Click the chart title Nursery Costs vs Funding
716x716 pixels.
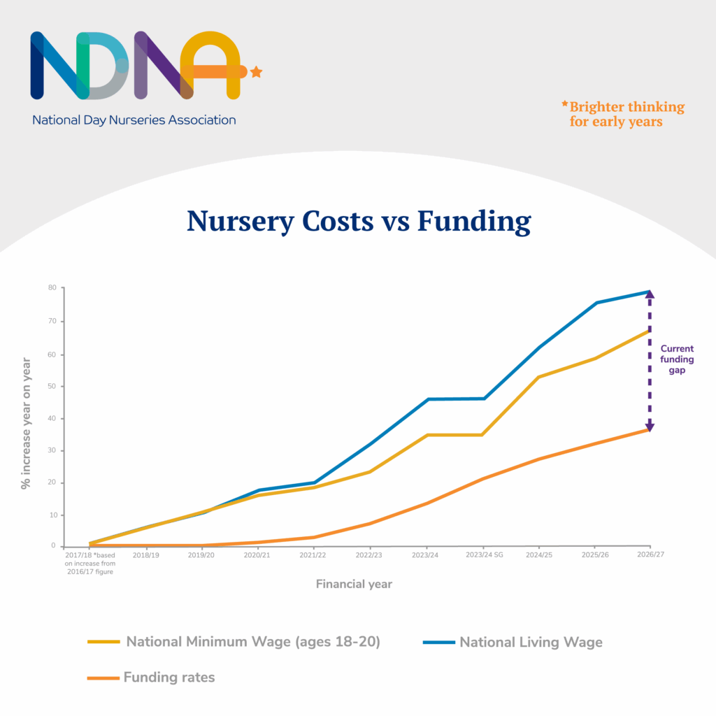click(x=358, y=221)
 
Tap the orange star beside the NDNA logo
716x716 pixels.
click(x=256, y=71)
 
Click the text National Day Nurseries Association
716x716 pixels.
click(x=134, y=120)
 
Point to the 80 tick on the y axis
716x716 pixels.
click(x=52, y=287)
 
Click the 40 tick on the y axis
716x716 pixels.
click(x=52, y=418)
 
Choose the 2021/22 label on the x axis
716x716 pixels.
click(x=313, y=554)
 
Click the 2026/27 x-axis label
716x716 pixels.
click(x=650, y=554)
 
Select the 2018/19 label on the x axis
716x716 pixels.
click(x=145, y=554)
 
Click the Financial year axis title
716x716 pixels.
click(x=354, y=584)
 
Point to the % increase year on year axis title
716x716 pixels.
click(x=26, y=424)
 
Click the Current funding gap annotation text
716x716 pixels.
click(x=677, y=359)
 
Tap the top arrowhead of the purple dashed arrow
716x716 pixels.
click(x=650, y=294)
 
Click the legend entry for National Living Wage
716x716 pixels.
click(x=530, y=642)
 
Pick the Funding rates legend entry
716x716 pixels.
click(x=169, y=677)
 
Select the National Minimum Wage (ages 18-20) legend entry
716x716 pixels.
click(x=252, y=642)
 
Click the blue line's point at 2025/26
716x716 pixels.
click(x=595, y=303)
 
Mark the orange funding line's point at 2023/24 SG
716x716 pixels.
click(x=482, y=479)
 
